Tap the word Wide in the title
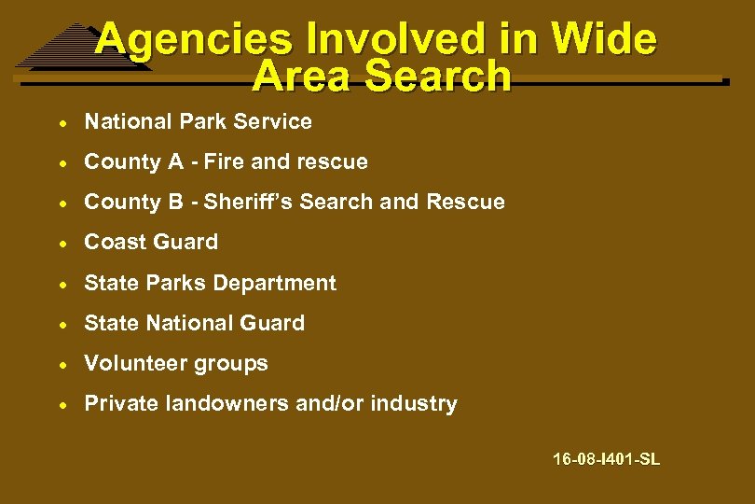pyautogui.click(x=604, y=40)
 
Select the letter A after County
pyautogui.click(x=175, y=161)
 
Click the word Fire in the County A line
pyautogui.click(x=224, y=161)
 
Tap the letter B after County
pyautogui.click(x=175, y=202)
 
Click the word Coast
pyautogui.click(x=112, y=242)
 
